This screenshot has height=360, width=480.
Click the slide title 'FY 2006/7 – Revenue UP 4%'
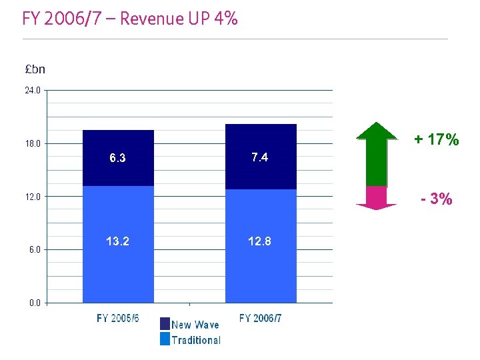(x=129, y=19)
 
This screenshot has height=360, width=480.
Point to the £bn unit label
(x=35, y=69)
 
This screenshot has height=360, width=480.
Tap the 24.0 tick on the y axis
(x=33, y=90)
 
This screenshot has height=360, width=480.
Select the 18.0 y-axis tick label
(x=33, y=143)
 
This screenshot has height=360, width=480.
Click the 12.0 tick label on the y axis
(x=33, y=197)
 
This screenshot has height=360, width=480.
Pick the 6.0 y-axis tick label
(x=35, y=249)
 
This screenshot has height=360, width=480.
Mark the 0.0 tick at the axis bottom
(x=35, y=303)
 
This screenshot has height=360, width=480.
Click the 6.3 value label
(x=118, y=159)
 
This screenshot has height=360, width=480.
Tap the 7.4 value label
(x=260, y=157)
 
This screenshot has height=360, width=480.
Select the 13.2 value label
(x=118, y=241)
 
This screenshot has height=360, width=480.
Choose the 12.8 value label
(x=260, y=241)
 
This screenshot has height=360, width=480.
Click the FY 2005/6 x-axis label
(x=118, y=319)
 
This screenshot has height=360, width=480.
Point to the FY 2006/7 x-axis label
(x=260, y=319)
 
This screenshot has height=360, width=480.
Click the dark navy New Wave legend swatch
(x=165, y=324)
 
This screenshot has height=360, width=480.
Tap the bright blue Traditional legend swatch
(x=165, y=339)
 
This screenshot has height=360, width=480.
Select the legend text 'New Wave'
(x=195, y=325)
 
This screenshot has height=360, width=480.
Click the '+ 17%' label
(x=436, y=140)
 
